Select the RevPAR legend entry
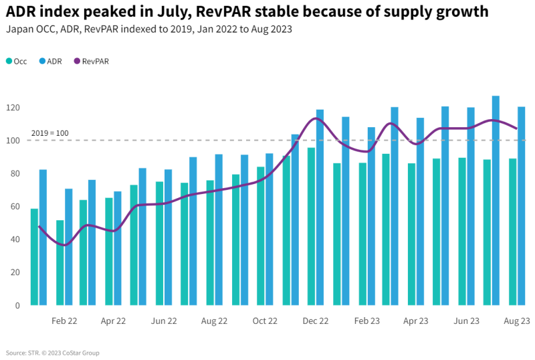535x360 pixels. click(x=91, y=61)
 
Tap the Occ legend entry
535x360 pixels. click(x=16, y=61)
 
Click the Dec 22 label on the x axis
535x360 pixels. click(x=316, y=321)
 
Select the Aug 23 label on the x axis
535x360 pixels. click(x=517, y=321)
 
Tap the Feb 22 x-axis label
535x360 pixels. click(x=64, y=321)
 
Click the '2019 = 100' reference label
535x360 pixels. click(x=49, y=133)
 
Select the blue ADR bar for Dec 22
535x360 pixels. click(x=320, y=207)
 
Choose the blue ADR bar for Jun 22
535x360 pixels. click(x=169, y=238)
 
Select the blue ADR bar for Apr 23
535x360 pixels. click(x=420, y=211)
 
